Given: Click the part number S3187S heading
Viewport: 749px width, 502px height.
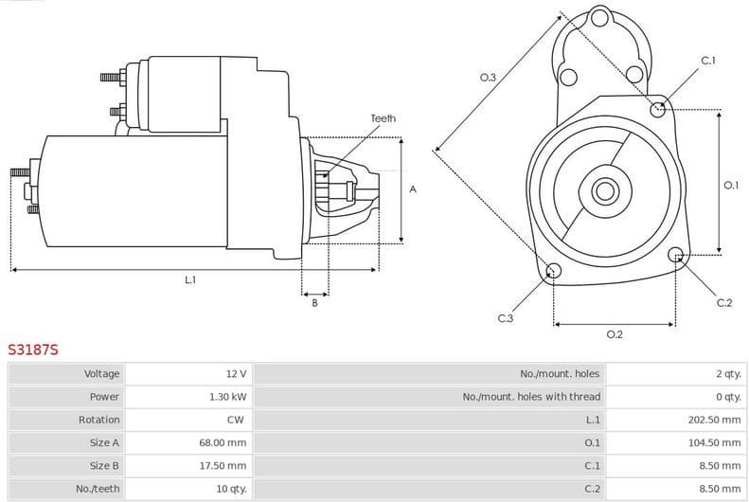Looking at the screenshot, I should tap(33, 350).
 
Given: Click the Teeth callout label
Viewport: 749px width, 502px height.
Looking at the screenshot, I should tap(383, 118).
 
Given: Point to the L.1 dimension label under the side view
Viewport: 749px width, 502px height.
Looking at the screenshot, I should tap(190, 280).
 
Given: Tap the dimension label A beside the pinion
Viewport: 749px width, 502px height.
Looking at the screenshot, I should tap(413, 189).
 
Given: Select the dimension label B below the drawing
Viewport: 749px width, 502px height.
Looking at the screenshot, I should tap(314, 303).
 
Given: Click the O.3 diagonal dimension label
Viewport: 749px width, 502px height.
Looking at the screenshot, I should tap(488, 78).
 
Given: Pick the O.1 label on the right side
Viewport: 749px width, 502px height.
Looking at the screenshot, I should tap(730, 186).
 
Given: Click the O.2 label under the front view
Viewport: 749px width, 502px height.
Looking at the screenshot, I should tap(614, 334).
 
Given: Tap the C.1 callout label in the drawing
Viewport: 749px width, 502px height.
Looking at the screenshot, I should tap(707, 62).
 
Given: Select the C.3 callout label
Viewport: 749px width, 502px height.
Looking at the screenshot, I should tap(505, 319).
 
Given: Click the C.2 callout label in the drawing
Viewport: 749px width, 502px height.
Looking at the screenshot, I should tap(723, 303).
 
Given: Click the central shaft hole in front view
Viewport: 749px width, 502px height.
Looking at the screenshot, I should tap(603, 191).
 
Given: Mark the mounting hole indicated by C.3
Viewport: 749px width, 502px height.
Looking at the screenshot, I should tap(554, 273).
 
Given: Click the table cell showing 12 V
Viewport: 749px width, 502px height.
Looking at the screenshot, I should tap(235, 374).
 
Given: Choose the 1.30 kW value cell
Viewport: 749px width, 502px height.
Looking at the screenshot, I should tap(228, 397).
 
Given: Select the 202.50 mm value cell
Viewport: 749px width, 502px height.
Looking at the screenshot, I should tap(714, 420).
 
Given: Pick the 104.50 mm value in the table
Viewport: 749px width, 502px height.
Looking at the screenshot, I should tap(714, 442).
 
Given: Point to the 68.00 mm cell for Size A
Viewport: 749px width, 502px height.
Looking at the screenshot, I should tap(225, 442).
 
